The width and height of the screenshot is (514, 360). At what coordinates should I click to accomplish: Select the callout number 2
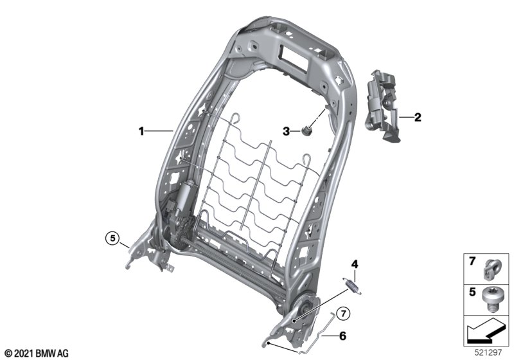[x=418, y=117]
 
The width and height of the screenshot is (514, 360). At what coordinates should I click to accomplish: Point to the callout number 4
[x=353, y=264]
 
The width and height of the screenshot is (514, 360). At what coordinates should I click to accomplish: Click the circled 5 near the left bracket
[x=113, y=239]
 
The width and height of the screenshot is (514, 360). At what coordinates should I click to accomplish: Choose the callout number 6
[x=342, y=334]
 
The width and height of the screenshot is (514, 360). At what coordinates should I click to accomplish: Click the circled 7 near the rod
[x=344, y=314]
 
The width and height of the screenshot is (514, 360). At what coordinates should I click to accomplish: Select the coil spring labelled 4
[x=350, y=283]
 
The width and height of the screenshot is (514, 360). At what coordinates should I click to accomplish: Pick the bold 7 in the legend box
[x=472, y=262]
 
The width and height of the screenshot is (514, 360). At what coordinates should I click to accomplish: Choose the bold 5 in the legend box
[x=472, y=292]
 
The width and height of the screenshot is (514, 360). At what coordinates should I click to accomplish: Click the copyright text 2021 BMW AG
[x=36, y=353]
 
